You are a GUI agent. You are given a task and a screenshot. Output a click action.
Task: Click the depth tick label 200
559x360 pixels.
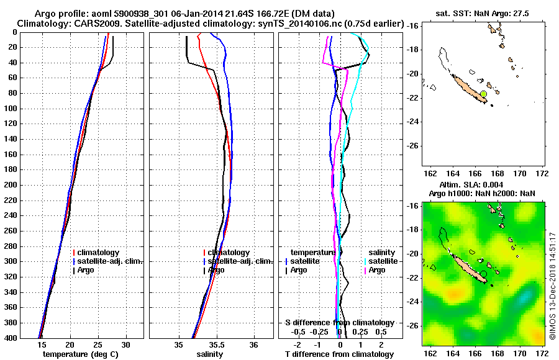(x=10, y=185)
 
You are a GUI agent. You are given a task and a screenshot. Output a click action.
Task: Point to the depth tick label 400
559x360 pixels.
(x=10, y=338)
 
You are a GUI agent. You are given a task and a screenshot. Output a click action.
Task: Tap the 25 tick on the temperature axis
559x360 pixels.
(x=98, y=344)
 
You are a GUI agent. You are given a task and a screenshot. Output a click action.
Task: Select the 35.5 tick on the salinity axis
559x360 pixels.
(x=216, y=344)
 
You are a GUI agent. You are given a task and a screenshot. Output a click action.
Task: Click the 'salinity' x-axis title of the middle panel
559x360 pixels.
(x=211, y=354)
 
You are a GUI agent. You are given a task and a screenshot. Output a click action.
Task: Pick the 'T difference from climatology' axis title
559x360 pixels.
(x=339, y=354)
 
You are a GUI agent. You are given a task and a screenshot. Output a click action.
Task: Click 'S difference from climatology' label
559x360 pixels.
(x=339, y=323)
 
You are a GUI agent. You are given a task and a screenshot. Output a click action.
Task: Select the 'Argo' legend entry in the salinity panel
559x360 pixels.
(x=217, y=270)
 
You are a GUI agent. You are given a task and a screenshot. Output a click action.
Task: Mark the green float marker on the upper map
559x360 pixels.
(x=483, y=94)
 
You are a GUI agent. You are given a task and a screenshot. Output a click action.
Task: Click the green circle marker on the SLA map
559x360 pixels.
(x=483, y=274)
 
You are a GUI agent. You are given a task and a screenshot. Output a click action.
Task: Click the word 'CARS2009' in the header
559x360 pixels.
(x=86, y=23)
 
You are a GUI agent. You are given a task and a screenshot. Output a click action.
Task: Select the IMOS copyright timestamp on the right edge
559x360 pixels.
(x=552, y=287)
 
